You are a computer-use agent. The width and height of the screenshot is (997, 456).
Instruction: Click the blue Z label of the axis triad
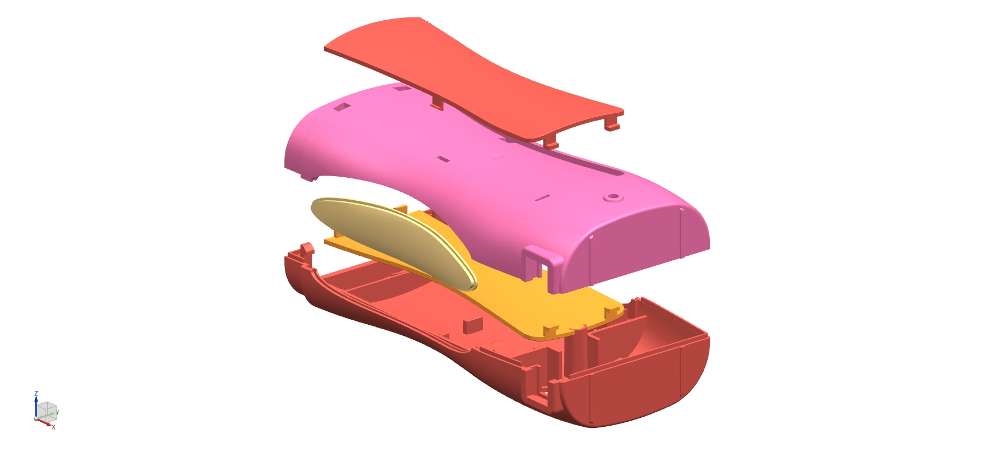point(36,394)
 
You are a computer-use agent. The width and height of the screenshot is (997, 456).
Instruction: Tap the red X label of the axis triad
point(54,427)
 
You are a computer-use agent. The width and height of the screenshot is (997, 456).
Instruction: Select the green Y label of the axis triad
point(57,413)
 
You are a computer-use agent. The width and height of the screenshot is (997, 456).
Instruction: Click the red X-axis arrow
point(44,422)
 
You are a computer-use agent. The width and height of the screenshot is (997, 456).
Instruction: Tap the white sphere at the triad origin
point(36,418)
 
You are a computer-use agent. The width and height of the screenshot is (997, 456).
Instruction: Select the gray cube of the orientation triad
point(47,411)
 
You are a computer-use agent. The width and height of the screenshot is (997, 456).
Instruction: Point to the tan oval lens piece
point(393,241)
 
